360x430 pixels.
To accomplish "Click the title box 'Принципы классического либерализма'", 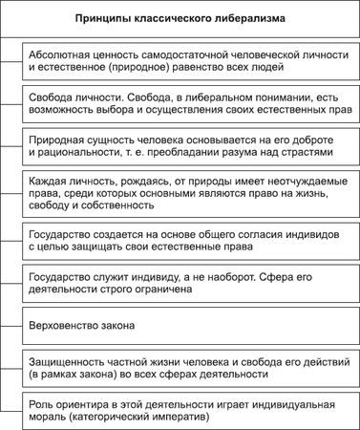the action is point(180,18).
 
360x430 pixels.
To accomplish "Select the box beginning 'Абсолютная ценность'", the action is point(188,62).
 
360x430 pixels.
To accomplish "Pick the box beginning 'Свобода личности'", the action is point(188,105).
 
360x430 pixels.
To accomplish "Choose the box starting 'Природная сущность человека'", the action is point(188,147).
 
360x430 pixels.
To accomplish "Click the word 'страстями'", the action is point(304,154).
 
